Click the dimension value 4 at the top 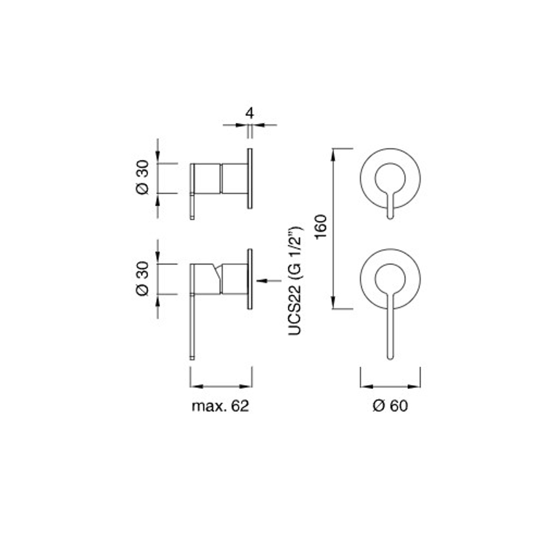pos(250,113)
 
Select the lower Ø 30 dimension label pos(143,278)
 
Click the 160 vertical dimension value pos(321,227)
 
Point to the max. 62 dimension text pos(220,406)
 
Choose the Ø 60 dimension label pos(390,406)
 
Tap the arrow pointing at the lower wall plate pos(269,281)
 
